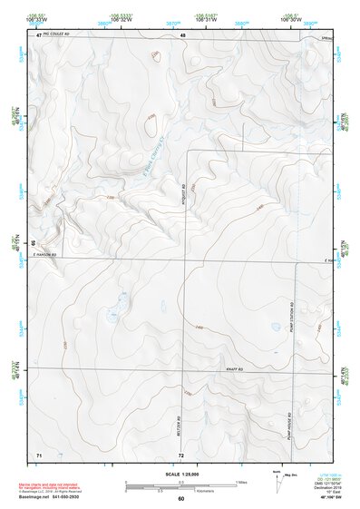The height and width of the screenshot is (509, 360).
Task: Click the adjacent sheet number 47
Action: point(39,34)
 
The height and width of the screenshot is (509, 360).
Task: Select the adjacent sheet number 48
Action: point(182,34)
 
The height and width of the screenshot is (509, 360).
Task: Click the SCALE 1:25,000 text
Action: point(180,474)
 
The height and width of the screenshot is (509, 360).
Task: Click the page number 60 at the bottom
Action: point(180,498)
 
